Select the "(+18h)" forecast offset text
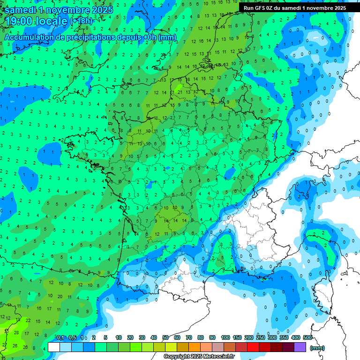[82, 21]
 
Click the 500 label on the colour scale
[307, 338]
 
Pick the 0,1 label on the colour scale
[60, 338]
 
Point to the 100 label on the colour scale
[225, 338]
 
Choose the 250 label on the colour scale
[260, 338]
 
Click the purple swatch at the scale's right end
[300, 347]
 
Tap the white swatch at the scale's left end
[54, 347]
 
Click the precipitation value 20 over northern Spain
[60, 296]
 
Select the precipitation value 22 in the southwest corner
[28, 321]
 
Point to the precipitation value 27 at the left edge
[4, 344]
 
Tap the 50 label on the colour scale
[165, 338]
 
